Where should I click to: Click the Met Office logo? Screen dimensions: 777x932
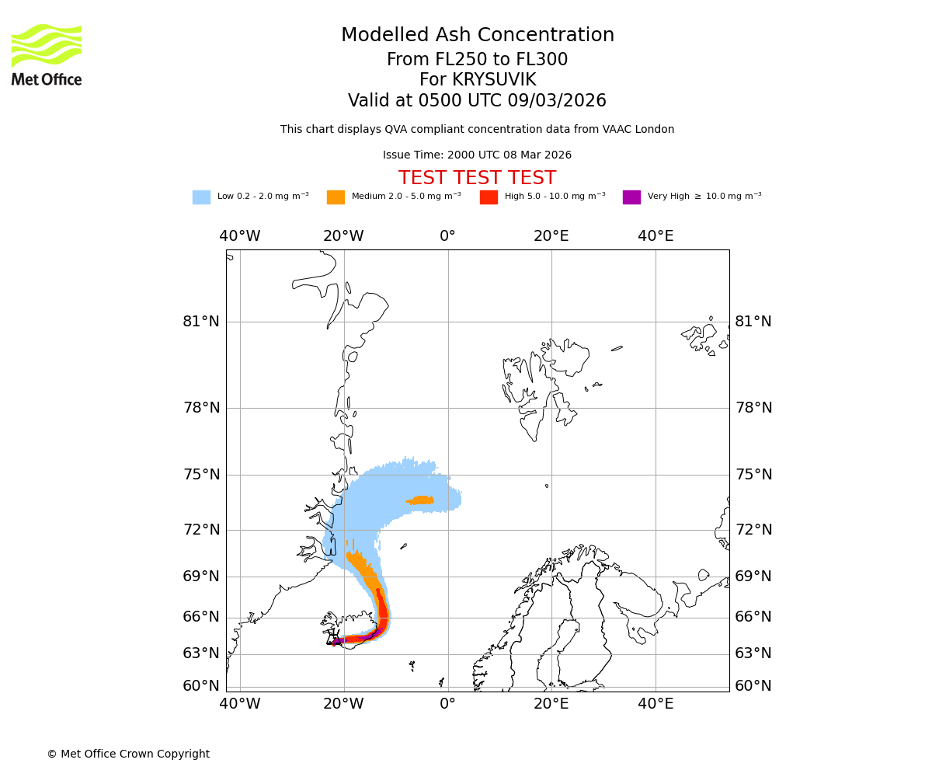click(47, 54)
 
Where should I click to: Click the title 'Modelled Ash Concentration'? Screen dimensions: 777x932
click(478, 35)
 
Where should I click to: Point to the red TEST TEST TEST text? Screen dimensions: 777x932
click(477, 178)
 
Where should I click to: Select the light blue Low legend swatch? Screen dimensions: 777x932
click(201, 197)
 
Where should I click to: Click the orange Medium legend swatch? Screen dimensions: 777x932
click(336, 197)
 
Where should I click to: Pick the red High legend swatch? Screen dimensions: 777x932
click(489, 197)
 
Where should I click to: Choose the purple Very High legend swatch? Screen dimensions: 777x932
click(631, 197)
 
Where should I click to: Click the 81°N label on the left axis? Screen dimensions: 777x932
click(201, 322)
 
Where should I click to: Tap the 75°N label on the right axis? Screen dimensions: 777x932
click(753, 475)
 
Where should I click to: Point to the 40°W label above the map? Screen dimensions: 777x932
click(239, 236)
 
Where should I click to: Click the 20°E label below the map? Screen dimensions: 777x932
click(551, 704)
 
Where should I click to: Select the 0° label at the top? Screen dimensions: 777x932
click(447, 236)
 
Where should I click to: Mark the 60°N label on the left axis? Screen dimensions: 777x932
click(201, 686)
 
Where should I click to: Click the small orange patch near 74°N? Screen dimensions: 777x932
click(421, 500)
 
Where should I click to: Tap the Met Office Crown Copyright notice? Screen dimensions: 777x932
click(128, 754)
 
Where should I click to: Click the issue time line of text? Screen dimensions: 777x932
click(477, 155)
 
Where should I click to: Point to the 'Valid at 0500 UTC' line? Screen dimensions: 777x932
click(477, 100)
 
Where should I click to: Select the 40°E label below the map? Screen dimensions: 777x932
click(656, 704)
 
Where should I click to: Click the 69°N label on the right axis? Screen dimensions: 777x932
click(753, 577)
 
